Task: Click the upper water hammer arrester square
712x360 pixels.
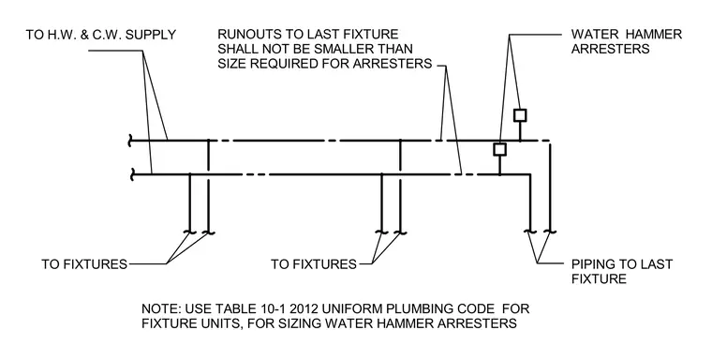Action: click(520, 115)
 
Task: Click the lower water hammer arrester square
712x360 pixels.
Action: click(500, 150)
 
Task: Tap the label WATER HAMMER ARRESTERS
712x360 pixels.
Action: click(626, 41)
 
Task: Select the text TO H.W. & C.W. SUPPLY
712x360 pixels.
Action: click(101, 35)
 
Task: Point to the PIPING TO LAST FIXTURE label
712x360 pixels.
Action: click(622, 271)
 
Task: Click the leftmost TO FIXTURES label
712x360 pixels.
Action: click(84, 264)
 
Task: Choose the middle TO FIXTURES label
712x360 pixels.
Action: click(314, 264)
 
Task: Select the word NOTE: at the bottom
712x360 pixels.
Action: click(162, 309)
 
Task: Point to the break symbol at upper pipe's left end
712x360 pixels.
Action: click(131, 141)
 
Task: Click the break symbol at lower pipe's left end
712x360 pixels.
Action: click(132, 174)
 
